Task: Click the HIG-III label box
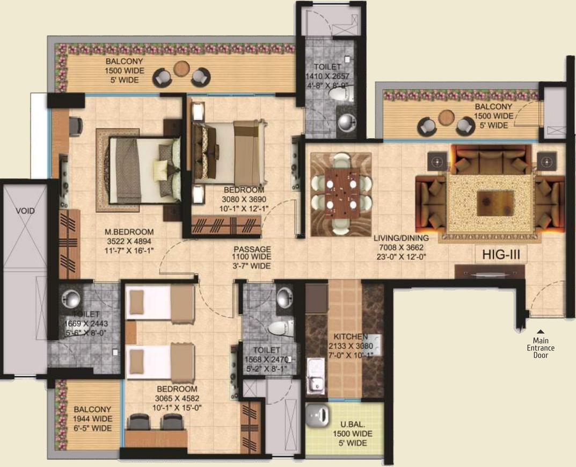[501, 254]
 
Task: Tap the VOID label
[25, 211]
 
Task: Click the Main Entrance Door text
[541, 348]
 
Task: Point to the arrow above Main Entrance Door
[541, 331]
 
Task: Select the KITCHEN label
[351, 336]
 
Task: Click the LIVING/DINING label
[401, 238]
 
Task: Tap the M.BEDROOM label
[129, 232]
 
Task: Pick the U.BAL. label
[352, 424]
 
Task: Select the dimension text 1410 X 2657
[327, 76]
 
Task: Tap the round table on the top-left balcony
[181, 68]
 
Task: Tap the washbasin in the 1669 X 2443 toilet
[71, 298]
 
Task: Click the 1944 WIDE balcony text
[92, 419]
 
